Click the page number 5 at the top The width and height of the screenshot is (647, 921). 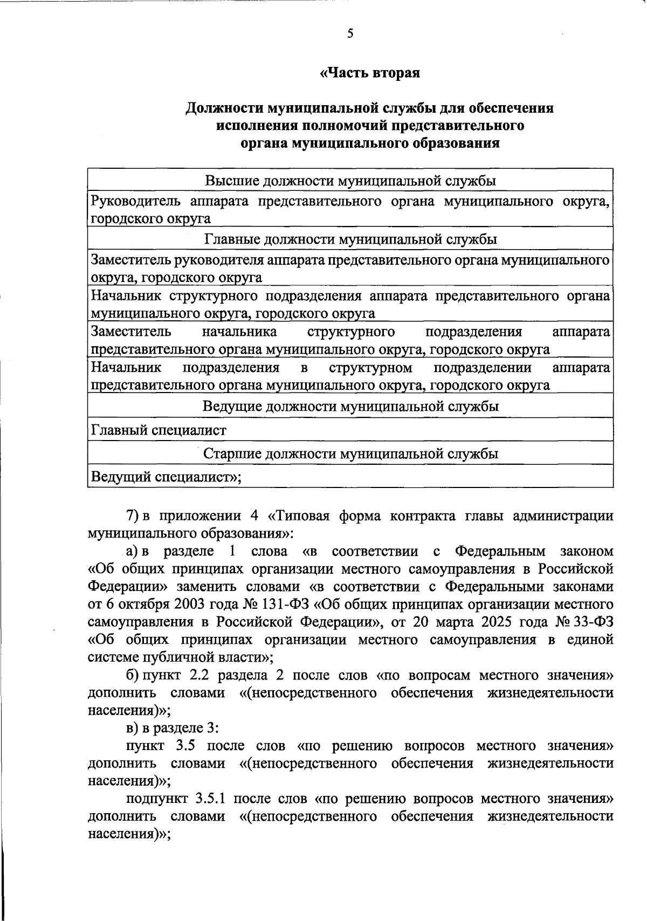tap(350, 34)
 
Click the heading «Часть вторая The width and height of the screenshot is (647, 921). tap(370, 73)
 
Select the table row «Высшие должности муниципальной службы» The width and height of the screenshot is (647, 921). tap(350, 181)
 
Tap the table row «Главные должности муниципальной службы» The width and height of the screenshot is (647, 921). tap(350, 239)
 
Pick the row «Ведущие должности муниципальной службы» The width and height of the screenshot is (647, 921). tap(350, 406)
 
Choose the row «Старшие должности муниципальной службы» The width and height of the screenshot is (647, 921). tap(350, 453)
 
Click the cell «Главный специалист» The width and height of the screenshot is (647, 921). tap(159, 430)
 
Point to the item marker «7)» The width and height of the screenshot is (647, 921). tap(133, 517)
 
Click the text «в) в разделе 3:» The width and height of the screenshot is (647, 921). tap(172, 728)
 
